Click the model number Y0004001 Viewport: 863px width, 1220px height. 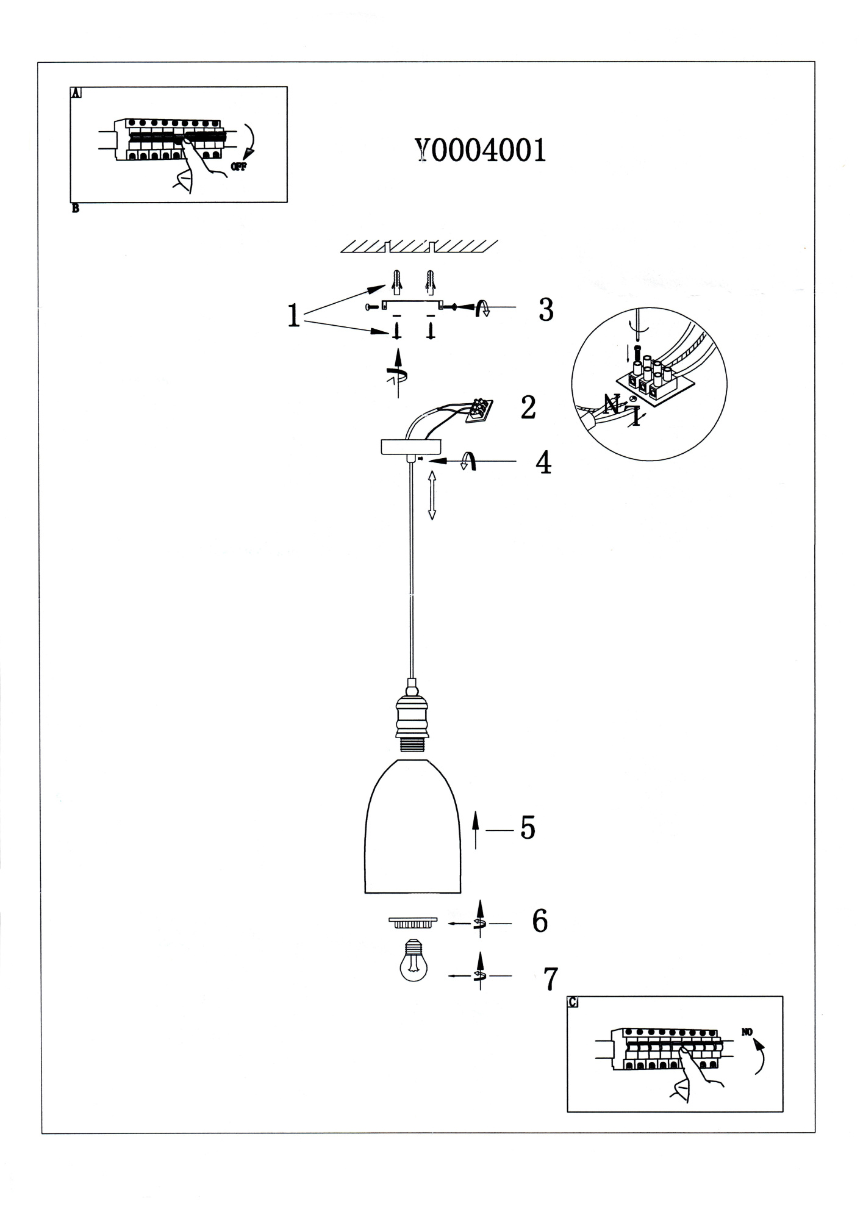pos(480,150)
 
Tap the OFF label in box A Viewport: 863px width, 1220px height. pos(238,167)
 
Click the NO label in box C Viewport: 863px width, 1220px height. pos(747,1032)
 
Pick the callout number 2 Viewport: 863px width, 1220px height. pos(528,407)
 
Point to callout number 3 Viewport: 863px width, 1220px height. pos(546,310)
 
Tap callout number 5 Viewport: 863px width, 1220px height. pos(528,828)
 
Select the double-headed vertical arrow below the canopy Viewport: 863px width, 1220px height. pos(432,494)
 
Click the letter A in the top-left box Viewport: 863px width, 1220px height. pos(76,93)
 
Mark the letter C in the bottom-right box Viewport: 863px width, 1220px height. pos(573,1002)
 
